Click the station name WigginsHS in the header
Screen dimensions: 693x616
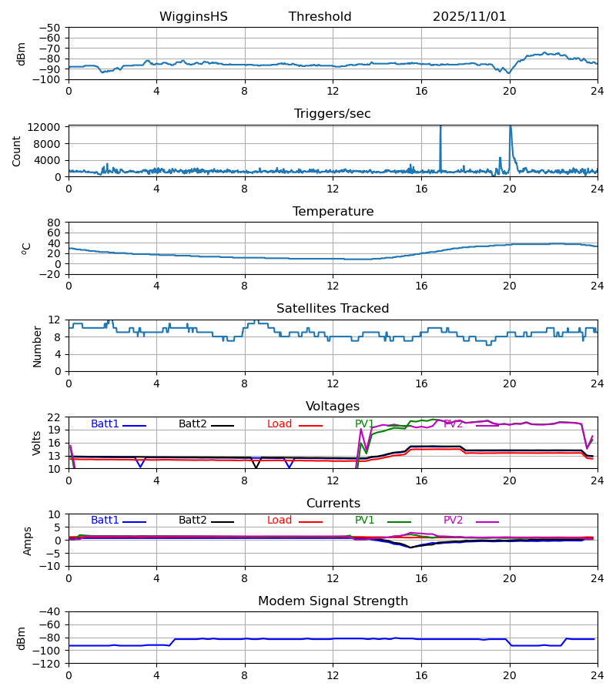click(x=193, y=17)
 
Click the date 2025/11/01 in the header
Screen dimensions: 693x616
click(x=470, y=17)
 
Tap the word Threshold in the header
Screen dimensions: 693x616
click(x=320, y=17)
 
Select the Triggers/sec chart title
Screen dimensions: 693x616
click(x=333, y=114)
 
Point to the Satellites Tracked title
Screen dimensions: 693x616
click(x=333, y=309)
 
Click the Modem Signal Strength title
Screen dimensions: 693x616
click(x=333, y=601)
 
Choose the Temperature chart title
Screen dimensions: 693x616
click(x=333, y=212)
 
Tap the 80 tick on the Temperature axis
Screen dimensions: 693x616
click(x=55, y=223)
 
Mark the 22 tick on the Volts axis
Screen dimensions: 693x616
click(x=55, y=417)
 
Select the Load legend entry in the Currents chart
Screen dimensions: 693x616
click(x=280, y=521)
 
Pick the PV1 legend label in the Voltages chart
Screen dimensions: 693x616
click(x=364, y=424)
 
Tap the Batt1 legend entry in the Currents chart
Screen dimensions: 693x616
click(x=105, y=521)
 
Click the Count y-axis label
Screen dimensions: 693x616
click(x=17, y=151)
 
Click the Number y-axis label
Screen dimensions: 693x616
click(x=37, y=346)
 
